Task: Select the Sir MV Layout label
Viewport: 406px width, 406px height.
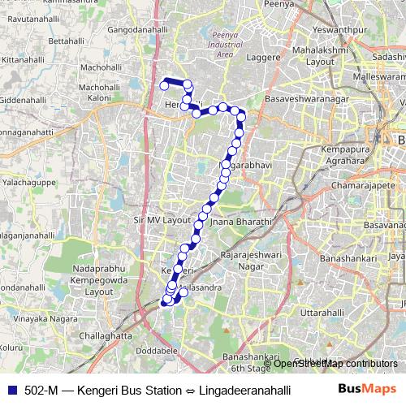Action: click(161, 220)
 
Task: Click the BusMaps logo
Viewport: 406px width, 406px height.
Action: click(365, 390)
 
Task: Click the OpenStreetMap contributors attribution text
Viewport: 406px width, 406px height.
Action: click(335, 363)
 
